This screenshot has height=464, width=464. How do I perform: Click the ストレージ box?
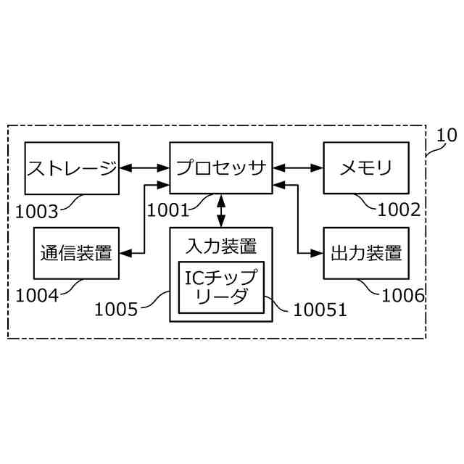pyautogui.click(x=72, y=168)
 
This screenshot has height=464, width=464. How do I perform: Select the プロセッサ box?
pyautogui.click(x=220, y=168)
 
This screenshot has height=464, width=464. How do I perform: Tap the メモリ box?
pyautogui.click(x=366, y=168)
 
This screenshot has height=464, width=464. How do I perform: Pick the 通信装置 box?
pyautogui.click(x=76, y=253)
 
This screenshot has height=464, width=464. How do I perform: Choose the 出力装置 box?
pyautogui.click(x=366, y=253)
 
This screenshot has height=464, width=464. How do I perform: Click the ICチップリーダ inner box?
pyautogui.click(x=221, y=287)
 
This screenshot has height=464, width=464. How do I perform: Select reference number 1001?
pyautogui.click(x=167, y=211)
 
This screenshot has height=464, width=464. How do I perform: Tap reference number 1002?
pyautogui.click(x=399, y=211)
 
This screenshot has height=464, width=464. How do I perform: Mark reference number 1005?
pyautogui.click(x=116, y=310)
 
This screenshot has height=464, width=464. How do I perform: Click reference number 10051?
pyautogui.click(x=320, y=310)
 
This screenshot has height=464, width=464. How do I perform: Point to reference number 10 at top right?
pyautogui.click(x=447, y=135)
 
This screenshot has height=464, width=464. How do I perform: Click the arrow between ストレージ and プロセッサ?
pyautogui.click(x=144, y=168)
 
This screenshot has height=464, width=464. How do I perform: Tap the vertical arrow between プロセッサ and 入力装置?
pyautogui.click(x=220, y=211)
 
